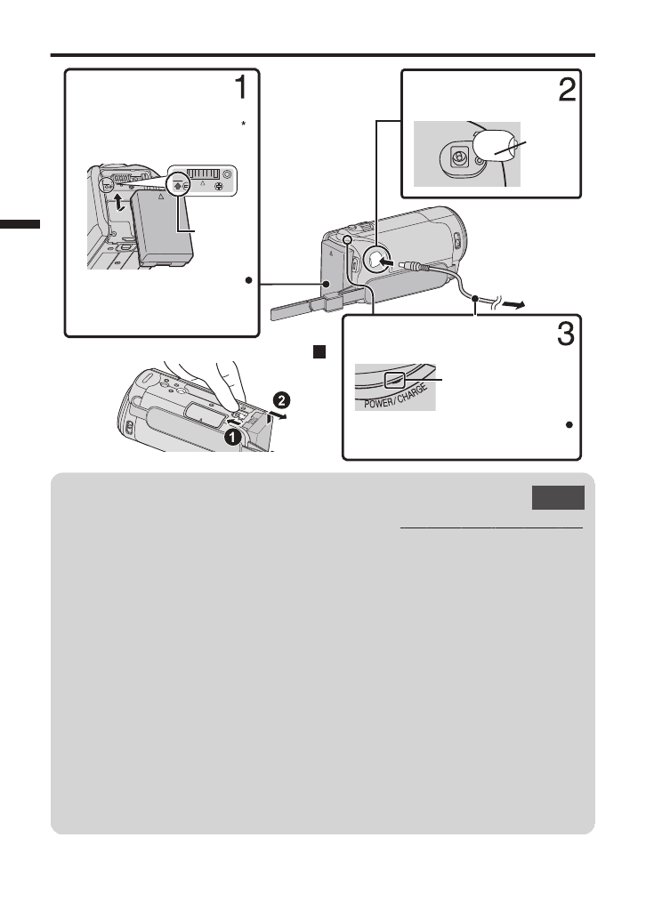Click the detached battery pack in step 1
(x=160, y=229)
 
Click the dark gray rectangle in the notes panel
(x=559, y=498)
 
